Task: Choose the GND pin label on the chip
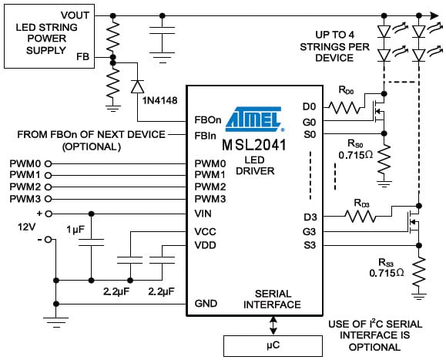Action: click(x=205, y=303)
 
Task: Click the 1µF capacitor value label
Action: click(x=75, y=229)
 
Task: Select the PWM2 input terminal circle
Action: click(x=48, y=187)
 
